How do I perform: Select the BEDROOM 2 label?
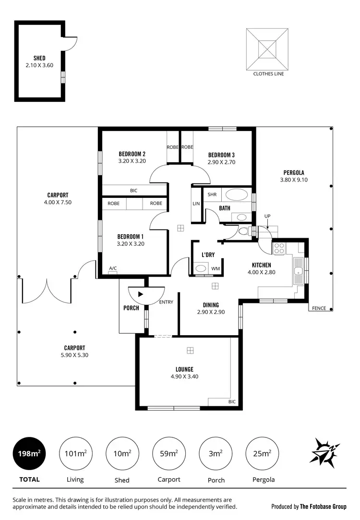132,154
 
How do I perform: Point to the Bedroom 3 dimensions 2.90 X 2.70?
221,162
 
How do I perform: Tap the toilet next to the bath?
244,231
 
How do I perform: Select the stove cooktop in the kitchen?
279,248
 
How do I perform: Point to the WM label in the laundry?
216,268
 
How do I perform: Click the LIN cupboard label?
196,204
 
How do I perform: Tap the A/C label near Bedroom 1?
113,268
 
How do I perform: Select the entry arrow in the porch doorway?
140,293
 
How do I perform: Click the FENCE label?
319,308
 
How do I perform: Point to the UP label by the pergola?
267,216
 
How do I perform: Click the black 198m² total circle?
29,453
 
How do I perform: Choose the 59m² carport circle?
169,453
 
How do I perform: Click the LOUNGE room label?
184,369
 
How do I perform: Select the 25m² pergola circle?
262,453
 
